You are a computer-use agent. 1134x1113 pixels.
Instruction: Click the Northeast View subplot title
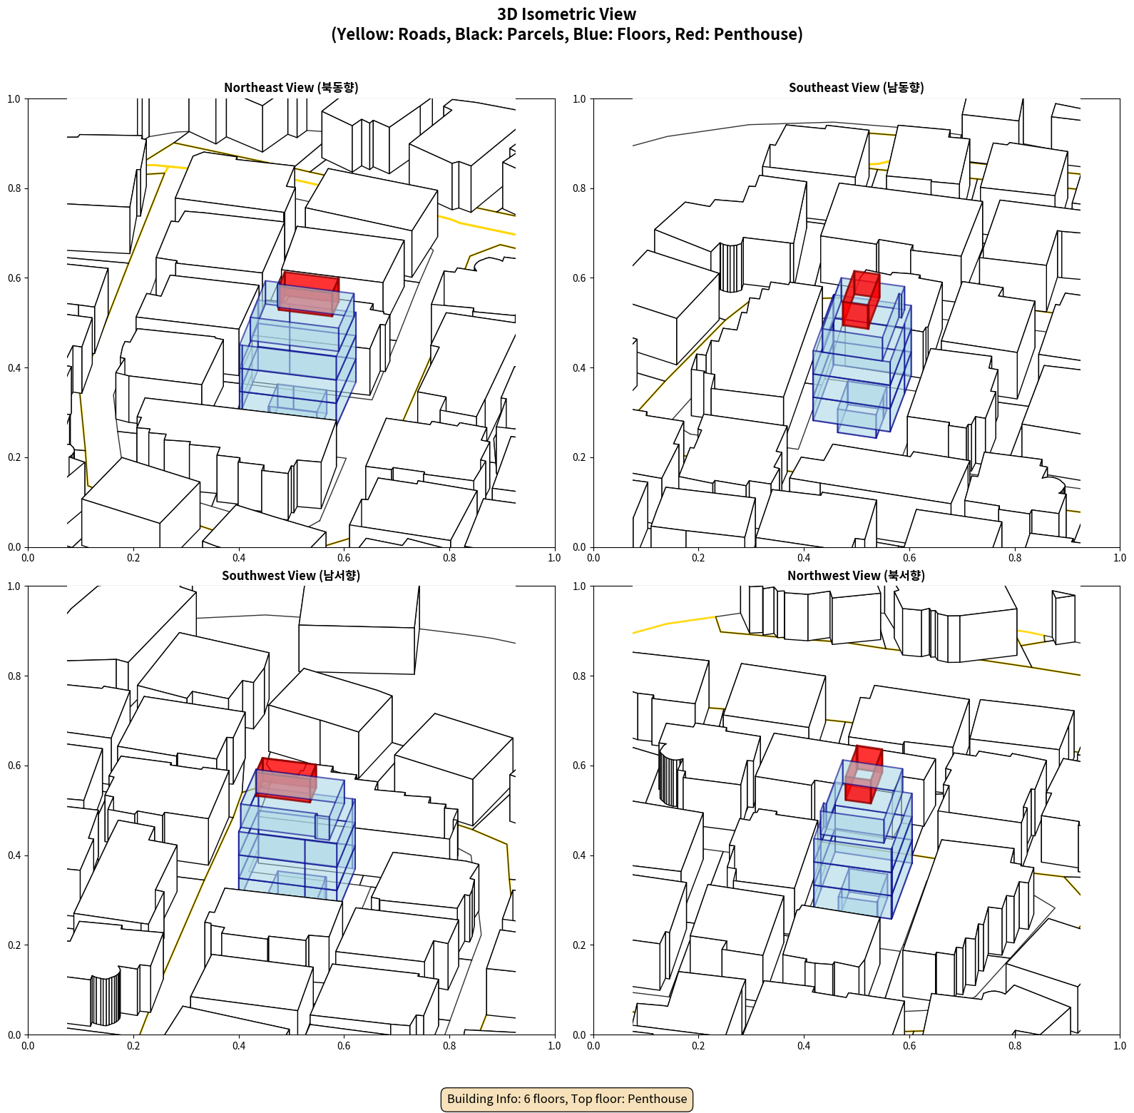click(x=291, y=87)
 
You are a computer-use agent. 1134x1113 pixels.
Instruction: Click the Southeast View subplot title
click(x=856, y=87)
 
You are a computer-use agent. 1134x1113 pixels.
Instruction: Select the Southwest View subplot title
click(x=291, y=575)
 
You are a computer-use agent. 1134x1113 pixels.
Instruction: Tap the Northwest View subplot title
click(x=856, y=575)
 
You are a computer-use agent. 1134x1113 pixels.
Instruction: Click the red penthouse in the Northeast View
click(x=308, y=293)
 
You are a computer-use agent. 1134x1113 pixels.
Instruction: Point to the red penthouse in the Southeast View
click(x=861, y=300)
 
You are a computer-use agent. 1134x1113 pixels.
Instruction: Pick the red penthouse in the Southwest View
click(x=286, y=780)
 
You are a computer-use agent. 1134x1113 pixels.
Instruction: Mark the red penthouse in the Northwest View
click(x=864, y=775)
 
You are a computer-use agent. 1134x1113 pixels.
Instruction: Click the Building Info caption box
click(x=567, y=1099)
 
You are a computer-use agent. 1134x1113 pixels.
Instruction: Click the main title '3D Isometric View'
click(x=567, y=14)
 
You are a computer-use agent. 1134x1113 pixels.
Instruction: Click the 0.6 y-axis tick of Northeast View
click(x=14, y=278)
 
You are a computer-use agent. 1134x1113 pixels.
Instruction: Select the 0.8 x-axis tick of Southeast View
click(x=1015, y=558)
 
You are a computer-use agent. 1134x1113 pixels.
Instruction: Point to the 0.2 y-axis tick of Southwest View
click(x=14, y=945)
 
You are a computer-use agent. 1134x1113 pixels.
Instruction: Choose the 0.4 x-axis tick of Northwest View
click(x=804, y=1046)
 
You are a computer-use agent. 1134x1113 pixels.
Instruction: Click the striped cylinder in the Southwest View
click(x=106, y=996)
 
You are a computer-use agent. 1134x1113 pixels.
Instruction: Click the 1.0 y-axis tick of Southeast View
click(x=579, y=99)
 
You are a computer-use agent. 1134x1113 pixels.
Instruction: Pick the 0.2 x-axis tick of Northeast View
click(x=133, y=558)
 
